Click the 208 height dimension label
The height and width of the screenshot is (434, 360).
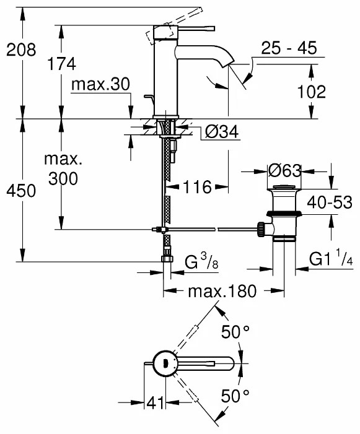pyautogui.click(x=21, y=50)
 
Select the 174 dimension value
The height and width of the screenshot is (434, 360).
pyautogui.click(x=62, y=64)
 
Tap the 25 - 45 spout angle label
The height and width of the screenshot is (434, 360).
pyautogui.click(x=288, y=48)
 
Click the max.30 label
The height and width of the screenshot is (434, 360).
pyautogui.click(x=101, y=84)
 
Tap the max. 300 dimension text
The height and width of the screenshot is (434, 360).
pyautogui.click(x=62, y=169)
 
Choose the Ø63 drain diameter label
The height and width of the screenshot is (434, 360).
pyautogui.click(x=284, y=169)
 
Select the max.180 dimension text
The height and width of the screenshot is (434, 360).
pyautogui.click(x=222, y=292)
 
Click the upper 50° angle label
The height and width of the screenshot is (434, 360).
pyautogui.click(x=235, y=333)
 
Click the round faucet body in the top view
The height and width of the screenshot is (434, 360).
pyautogui.click(x=165, y=363)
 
